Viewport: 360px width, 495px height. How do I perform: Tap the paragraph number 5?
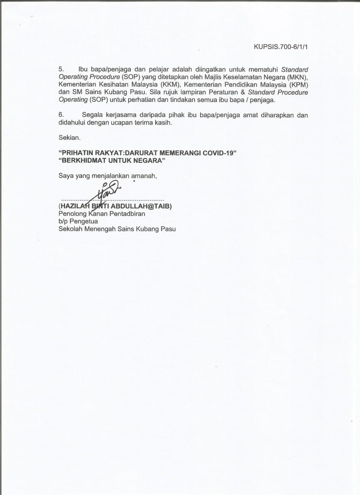tap(61, 70)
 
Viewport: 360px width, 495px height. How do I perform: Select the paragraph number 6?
tap(61, 115)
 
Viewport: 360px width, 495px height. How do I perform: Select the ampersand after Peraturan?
tap(243, 92)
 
